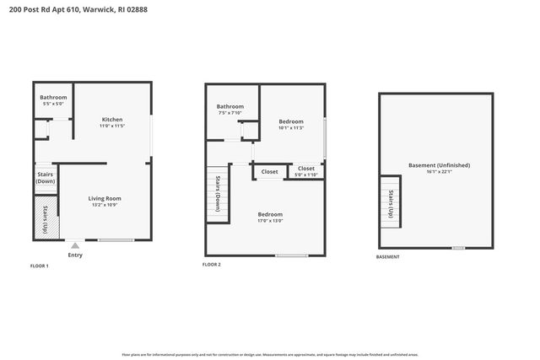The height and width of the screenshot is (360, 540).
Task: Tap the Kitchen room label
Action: pyautogui.click(x=113, y=122)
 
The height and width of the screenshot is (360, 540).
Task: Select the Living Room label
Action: pyautogui.click(x=105, y=201)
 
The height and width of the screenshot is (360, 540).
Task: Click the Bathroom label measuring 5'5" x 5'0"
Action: pyautogui.click(x=53, y=100)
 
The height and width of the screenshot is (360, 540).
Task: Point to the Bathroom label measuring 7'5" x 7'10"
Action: pyautogui.click(x=229, y=110)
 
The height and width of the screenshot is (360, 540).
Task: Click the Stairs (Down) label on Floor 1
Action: pyautogui.click(x=46, y=177)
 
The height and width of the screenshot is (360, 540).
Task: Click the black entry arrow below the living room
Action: pyautogui.click(x=73, y=245)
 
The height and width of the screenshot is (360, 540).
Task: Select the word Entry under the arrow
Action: pyautogui.click(x=74, y=255)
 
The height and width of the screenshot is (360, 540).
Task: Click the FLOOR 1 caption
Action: pyautogui.click(x=39, y=266)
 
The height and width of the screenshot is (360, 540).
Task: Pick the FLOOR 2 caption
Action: pyautogui.click(x=212, y=265)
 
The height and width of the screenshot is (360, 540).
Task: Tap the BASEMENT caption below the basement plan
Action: pyautogui.click(x=388, y=257)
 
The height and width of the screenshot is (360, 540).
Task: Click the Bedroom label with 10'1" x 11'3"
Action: pyautogui.click(x=292, y=125)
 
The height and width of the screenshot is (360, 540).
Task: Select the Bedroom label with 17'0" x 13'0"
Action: pyautogui.click(x=270, y=218)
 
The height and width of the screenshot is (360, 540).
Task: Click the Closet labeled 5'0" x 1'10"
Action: pyautogui.click(x=305, y=171)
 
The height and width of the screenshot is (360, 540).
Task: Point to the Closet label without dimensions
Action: pyautogui.click(x=269, y=172)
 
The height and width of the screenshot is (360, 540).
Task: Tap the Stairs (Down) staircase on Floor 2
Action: pyautogui.click(x=218, y=192)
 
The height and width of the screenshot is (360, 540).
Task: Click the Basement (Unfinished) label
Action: pyautogui.click(x=439, y=168)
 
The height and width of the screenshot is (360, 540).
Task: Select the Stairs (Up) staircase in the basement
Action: pyautogui.click(x=391, y=203)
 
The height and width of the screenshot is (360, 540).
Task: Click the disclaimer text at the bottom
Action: pyautogui.click(x=270, y=354)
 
